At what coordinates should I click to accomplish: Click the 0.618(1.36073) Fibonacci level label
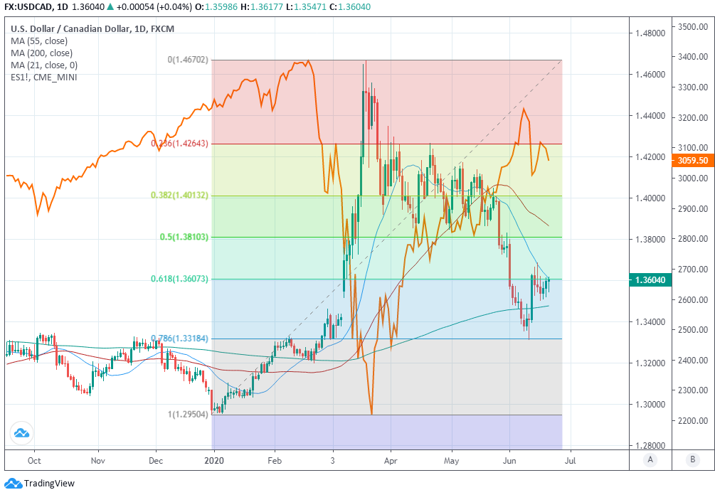click(x=180, y=279)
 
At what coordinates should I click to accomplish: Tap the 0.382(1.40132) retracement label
click(x=180, y=195)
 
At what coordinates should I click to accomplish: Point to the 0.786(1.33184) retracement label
click(x=180, y=338)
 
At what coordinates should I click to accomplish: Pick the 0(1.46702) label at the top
click(x=188, y=60)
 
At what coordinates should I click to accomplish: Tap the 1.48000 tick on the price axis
click(x=651, y=33)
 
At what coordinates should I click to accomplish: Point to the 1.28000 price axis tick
click(x=651, y=446)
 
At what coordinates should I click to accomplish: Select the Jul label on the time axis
click(x=569, y=460)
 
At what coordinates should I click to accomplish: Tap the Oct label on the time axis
click(x=33, y=460)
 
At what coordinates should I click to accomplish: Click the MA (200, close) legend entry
click(x=41, y=53)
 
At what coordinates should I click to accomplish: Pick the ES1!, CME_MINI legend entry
click(x=44, y=76)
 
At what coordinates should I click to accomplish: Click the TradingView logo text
click(x=49, y=484)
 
